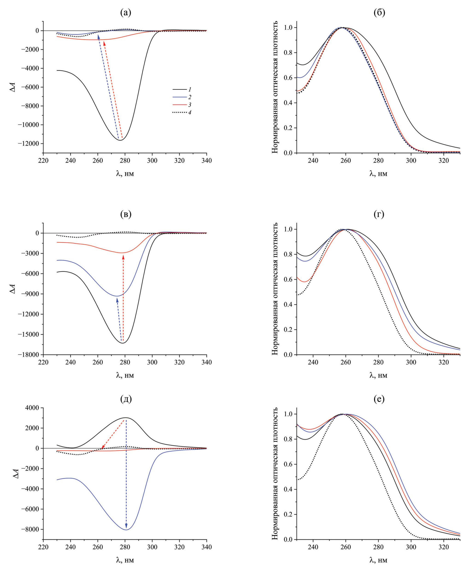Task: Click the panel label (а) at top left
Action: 126,13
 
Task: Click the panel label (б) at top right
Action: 379,13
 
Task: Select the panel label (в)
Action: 126,214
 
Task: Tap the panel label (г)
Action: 379,214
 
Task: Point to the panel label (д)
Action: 126,399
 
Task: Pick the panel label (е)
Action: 379,399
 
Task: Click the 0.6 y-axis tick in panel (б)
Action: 288,78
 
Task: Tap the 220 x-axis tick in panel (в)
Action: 43,362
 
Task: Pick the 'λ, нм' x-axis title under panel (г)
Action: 378,375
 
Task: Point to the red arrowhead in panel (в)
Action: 123,257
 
